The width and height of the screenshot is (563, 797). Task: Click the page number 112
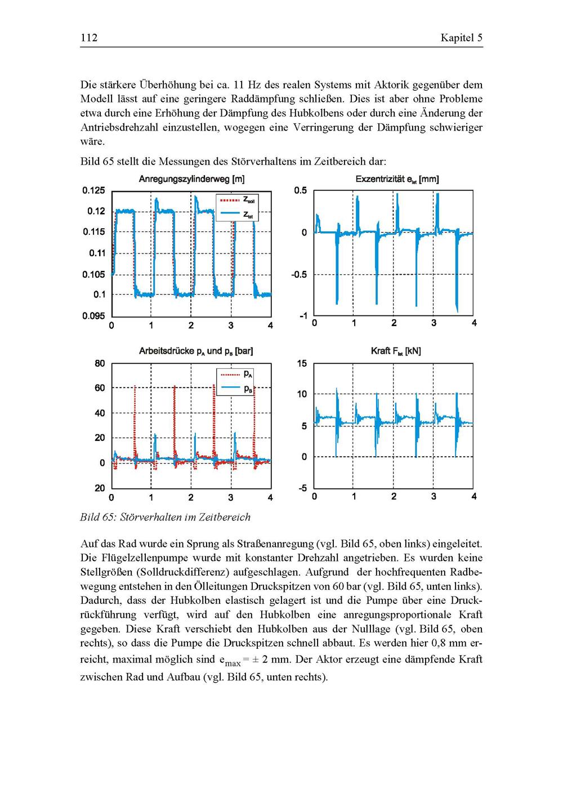(x=89, y=38)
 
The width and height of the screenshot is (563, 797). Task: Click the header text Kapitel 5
(x=461, y=38)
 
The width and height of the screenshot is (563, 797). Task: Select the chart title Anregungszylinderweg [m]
(x=191, y=179)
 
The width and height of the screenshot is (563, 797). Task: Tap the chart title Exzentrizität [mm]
(x=397, y=179)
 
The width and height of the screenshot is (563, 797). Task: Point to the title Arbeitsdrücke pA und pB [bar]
(x=196, y=351)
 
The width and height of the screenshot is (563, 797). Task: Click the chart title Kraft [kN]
(x=396, y=351)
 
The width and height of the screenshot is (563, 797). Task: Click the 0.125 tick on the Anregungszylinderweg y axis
(x=94, y=190)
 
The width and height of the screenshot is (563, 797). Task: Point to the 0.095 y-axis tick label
(x=94, y=315)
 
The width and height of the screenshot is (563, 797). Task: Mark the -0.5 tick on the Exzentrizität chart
(x=299, y=275)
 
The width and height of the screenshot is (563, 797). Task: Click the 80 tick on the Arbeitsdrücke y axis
(x=100, y=363)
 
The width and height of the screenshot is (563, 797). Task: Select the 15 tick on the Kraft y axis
(x=302, y=363)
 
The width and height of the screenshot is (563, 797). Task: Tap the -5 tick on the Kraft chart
(x=302, y=488)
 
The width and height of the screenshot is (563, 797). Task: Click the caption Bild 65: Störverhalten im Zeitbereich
(x=166, y=517)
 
